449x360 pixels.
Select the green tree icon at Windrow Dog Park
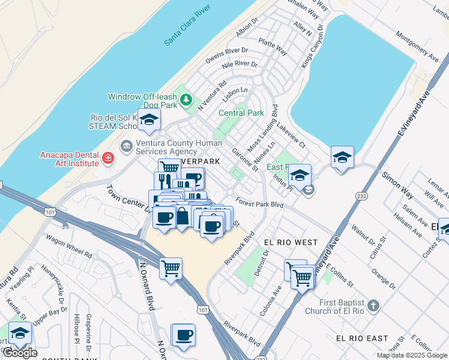(x=187, y=99)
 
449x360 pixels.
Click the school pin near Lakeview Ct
(x=342, y=158)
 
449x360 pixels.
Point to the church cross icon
(x=373, y=306)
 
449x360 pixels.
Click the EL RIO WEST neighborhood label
(x=291, y=242)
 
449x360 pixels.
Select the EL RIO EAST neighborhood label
(x=362, y=338)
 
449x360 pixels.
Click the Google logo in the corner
(x=20, y=353)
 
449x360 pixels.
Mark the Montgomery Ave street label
(x=417, y=46)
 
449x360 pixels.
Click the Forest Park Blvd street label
(x=259, y=204)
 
